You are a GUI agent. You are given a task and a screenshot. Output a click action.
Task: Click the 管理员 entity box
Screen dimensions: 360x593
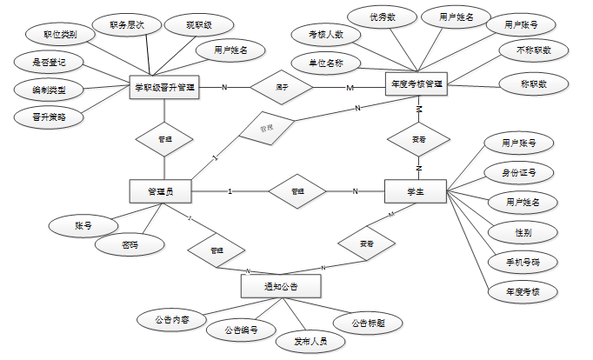pos(160,191)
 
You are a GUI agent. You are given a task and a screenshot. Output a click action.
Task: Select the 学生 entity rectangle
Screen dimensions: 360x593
pos(416,191)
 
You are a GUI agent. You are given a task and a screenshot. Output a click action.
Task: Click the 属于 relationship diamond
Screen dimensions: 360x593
pos(282,87)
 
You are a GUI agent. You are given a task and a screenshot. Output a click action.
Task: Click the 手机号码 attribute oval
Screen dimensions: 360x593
pos(523,261)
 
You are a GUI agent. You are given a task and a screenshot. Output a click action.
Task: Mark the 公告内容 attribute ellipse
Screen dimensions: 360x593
pos(170,320)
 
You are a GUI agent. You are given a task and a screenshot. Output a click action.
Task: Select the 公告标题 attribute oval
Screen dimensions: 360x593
pos(369,323)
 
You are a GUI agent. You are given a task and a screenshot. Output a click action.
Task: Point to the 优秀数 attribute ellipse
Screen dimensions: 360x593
pos(382,17)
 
